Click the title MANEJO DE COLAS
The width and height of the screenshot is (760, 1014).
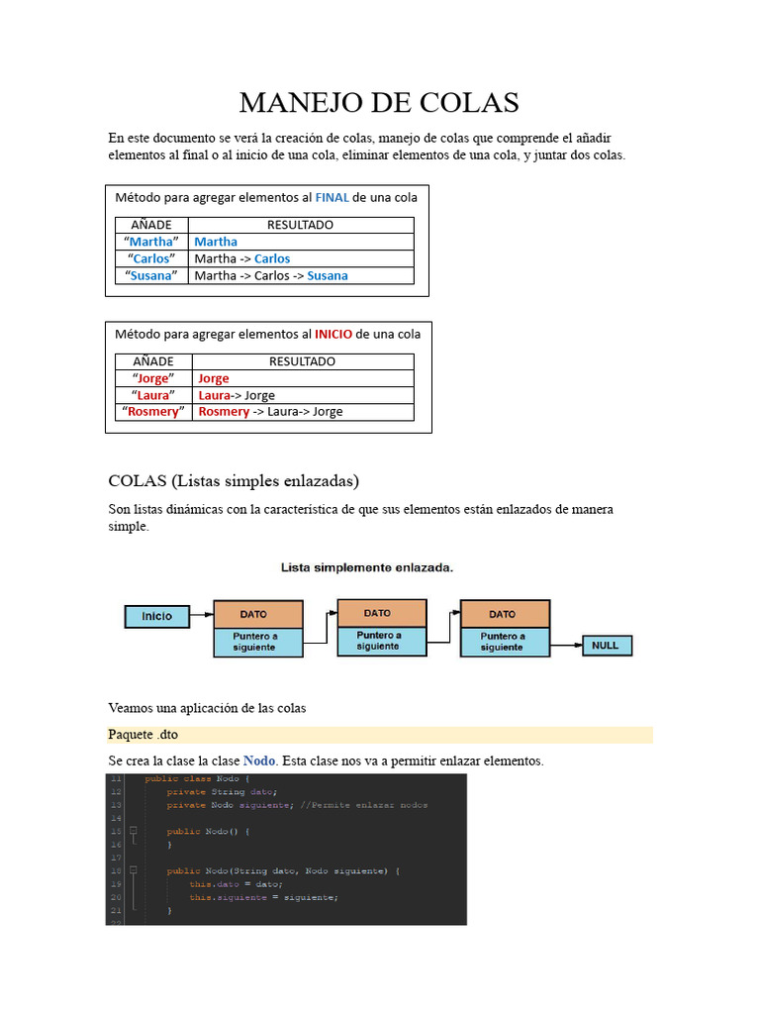tap(379, 102)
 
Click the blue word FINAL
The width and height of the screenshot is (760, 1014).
tap(332, 197)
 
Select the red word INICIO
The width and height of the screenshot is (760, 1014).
tap(333, 334)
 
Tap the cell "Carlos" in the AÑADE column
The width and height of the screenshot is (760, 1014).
tap(152, 258)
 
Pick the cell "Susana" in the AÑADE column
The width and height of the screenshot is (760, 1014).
tap(152, 275)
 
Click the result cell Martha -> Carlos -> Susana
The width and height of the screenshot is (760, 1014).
tap(271, 275)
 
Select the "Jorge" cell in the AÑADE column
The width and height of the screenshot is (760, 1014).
tap(153, 378)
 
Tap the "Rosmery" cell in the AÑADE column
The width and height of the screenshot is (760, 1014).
tap(153, 411)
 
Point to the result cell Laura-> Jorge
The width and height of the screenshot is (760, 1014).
tap(237, 395)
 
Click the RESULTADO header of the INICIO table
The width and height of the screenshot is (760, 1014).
tap(302, 361)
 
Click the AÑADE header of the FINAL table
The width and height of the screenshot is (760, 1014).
tap(152, 225)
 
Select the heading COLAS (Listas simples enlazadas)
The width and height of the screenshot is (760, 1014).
tap(234, 481)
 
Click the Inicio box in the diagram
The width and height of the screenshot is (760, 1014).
tap(156, 616)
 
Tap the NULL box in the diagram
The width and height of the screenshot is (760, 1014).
tap(605, 646)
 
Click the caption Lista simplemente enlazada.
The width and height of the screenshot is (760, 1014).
tap(367, 568)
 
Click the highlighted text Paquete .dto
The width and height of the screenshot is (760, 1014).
tap(143, 735)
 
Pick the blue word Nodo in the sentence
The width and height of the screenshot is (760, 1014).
tap(259, 760)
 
